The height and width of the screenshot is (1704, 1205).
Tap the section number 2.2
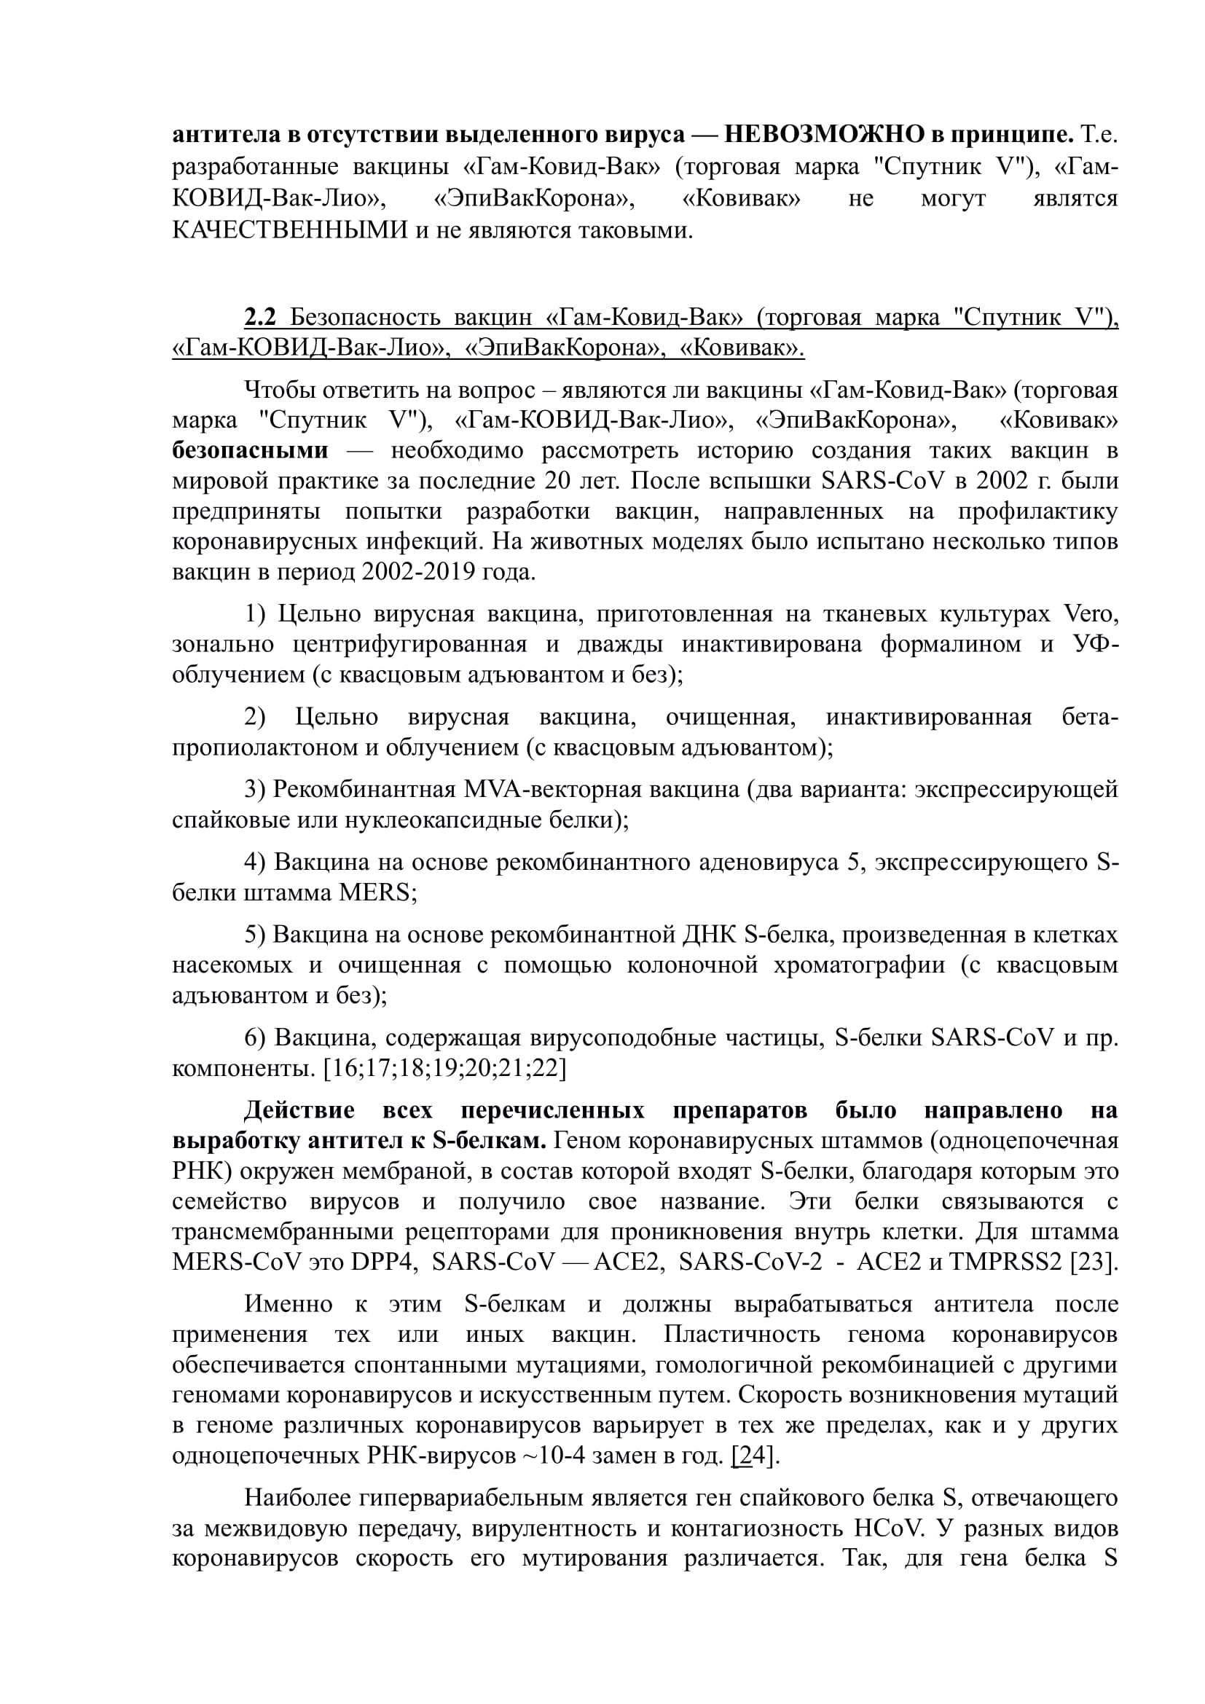point(259,318)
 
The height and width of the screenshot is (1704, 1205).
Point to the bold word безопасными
point(250,450)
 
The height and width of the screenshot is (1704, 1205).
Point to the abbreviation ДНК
point(708,935)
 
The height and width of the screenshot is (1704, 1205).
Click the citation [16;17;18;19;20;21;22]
point(444,1068)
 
